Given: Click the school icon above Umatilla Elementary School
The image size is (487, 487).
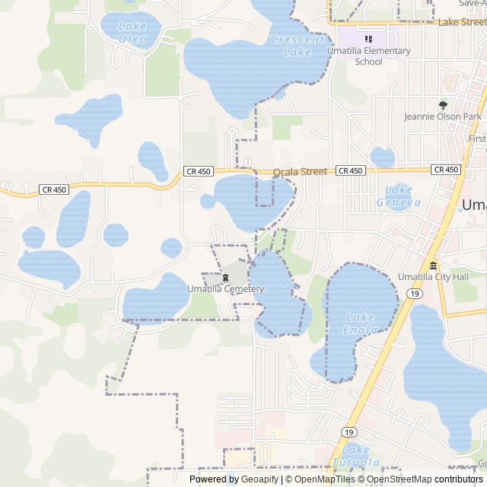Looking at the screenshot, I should (369, 39).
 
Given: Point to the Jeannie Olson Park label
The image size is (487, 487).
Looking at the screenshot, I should (443, 117).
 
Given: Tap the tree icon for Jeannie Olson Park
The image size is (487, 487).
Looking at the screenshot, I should (444, 105).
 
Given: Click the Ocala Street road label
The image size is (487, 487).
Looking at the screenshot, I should (300, 172).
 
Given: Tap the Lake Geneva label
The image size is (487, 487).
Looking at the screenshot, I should (399, 196).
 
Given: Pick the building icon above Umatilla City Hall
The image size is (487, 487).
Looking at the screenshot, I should (433, 265).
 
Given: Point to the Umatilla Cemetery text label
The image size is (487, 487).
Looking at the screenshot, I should (225, 289).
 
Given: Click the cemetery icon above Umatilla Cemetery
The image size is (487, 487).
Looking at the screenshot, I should (225, 277).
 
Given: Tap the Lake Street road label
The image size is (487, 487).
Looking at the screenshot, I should (462, 23).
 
